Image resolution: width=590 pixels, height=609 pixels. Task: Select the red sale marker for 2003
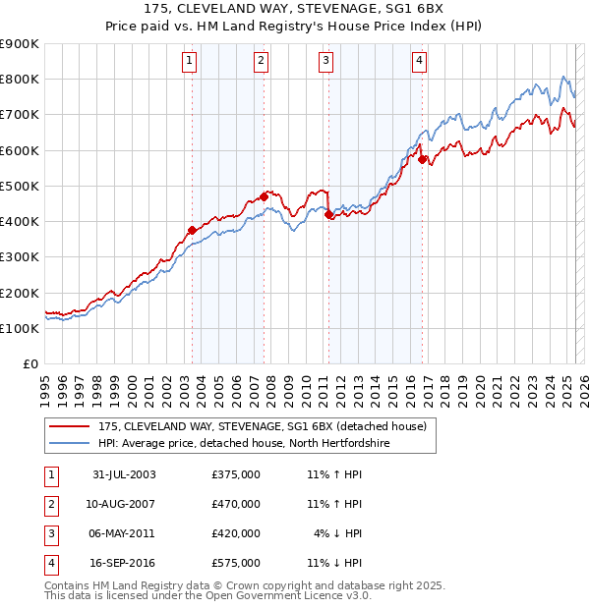click(193, 231)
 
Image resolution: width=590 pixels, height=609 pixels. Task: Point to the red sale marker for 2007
click(264, 196)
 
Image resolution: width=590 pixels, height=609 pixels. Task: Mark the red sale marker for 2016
click(422, 159)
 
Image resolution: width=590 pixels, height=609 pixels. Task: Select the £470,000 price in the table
click(236, 504)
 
